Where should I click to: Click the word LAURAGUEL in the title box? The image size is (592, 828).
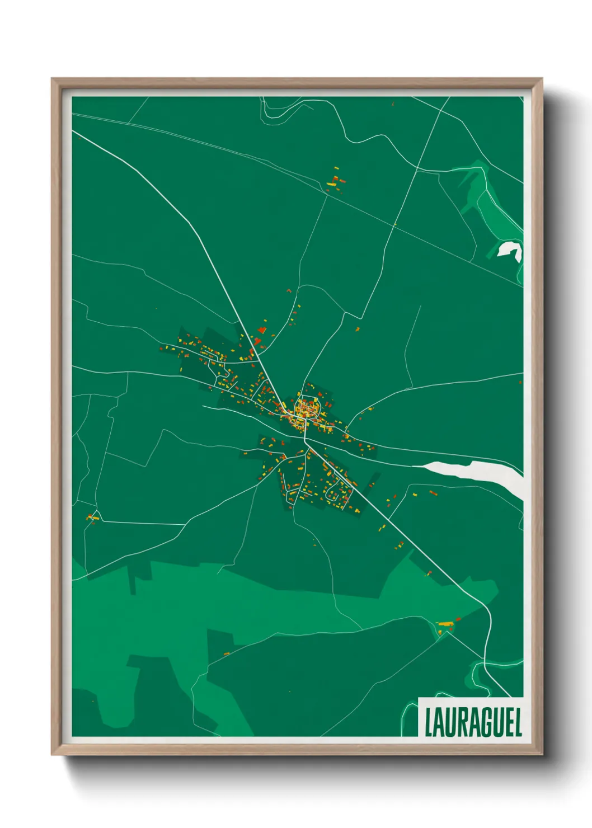point(473,722)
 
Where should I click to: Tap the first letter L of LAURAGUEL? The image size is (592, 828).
point(428,722)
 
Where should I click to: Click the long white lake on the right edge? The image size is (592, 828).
point(476,473)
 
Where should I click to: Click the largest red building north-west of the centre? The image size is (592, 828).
point(258,340)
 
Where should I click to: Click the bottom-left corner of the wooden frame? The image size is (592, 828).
point(53,754)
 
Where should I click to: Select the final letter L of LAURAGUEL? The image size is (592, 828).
point(518,722)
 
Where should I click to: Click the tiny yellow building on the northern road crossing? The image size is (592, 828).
point(395,225)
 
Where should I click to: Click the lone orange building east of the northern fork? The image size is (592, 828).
point(358,329)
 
